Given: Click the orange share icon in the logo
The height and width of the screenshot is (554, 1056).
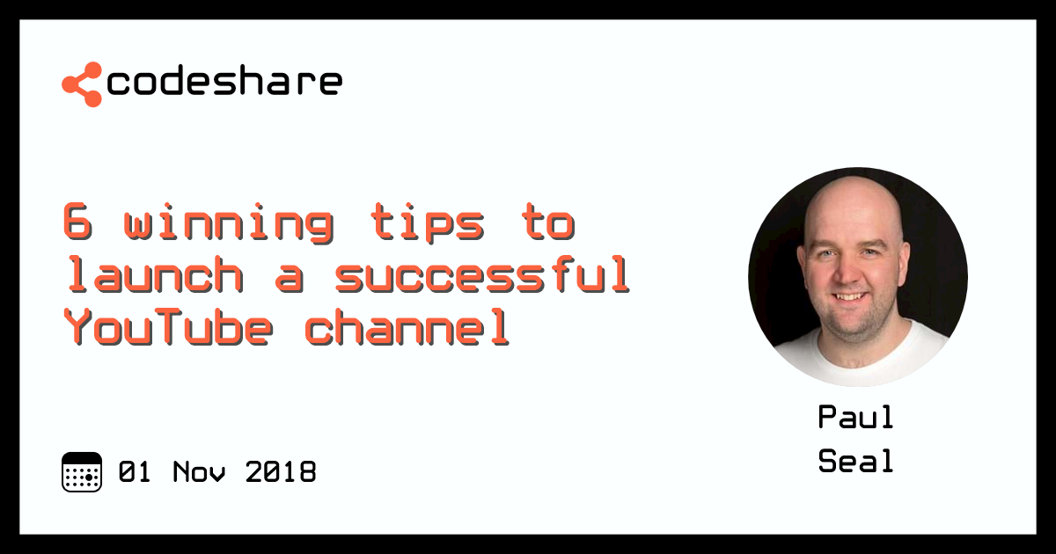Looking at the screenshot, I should [81, 84].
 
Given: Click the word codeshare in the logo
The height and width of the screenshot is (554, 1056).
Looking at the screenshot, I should [224, 82].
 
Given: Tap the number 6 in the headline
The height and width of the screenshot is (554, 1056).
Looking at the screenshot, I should [77, 223].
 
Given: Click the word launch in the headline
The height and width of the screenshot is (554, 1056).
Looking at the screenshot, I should [153, 276].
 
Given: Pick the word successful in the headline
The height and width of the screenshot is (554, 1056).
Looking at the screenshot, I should [482, 276].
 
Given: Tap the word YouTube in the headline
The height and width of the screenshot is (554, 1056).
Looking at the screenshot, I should [167, 328].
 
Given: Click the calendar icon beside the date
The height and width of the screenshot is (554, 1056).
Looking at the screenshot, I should [82, 472].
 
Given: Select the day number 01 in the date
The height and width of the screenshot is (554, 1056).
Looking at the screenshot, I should [136, 472].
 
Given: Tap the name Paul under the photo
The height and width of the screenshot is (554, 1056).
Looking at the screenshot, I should [855, 417].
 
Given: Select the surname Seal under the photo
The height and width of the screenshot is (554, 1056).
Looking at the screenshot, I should [855, 461].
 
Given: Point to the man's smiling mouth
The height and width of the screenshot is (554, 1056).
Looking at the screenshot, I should [849, 297].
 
